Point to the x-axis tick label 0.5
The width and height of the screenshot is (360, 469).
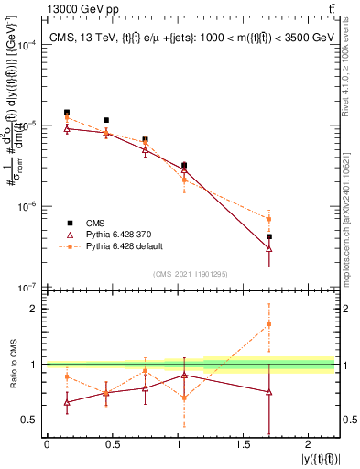pos(113,445)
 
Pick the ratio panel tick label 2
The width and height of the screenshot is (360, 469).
pos(33,309)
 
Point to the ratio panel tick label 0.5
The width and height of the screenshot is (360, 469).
pos(29,420)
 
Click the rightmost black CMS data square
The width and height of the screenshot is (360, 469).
pos(268,236)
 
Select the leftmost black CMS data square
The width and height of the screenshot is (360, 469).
pos(67,113)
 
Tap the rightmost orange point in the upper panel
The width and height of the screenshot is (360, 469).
pos(268,219)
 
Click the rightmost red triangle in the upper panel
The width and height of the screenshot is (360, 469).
pos(268,248)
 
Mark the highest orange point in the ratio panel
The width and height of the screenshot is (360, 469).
pos(268,324)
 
